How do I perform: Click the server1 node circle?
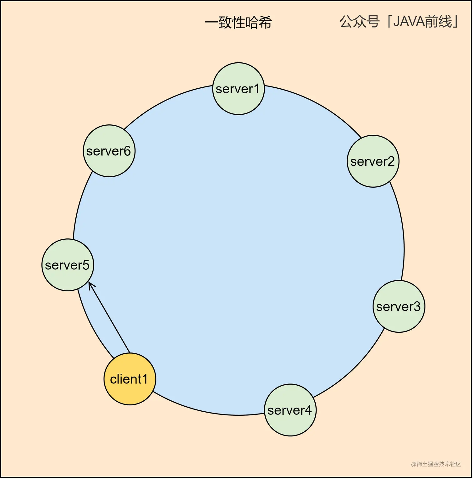[239, 89]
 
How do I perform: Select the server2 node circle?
[373, 161]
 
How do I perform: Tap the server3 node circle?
[399, 306]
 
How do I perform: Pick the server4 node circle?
[290, 410]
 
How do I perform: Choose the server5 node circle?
[68, 265]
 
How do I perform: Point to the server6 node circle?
[109, 151]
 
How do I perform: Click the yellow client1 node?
[130, 379]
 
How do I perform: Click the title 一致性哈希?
[238, 23]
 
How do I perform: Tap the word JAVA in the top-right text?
[412, 22]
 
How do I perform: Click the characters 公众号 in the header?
[360, 22]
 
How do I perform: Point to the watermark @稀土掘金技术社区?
[436, 464]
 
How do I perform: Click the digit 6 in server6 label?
[127, 151]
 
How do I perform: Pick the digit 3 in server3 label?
[417, 306]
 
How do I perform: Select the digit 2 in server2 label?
[391, 161]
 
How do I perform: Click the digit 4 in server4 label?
[308, 410]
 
